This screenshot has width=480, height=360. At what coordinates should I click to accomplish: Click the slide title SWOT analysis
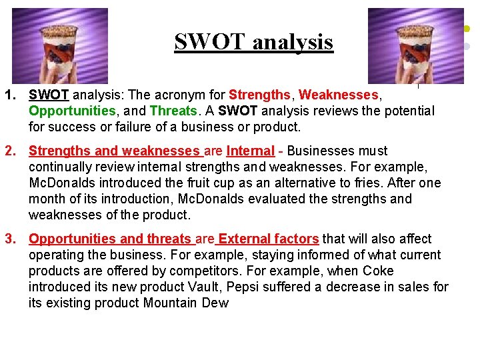(253, 42)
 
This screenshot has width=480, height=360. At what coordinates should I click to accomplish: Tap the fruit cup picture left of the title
(59, 46)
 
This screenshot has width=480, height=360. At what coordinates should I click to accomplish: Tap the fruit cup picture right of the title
(416, 46)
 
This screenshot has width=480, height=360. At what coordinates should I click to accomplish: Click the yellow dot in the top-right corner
(467, 29)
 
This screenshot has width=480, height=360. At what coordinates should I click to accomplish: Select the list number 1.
(10, 95)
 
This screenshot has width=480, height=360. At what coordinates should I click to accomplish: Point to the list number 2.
(10, 151)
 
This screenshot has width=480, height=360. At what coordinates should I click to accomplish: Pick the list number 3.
(10, 239)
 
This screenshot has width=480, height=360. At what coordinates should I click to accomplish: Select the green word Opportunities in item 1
(71, 111)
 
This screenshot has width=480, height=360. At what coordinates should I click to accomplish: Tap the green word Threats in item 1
(173, 111)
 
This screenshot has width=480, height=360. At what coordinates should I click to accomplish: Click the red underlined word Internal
(250, 151)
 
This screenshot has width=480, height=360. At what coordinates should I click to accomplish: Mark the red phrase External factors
(269, 239)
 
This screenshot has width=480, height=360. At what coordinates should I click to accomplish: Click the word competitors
(201, 271)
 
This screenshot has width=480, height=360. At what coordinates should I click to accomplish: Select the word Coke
(378, 271)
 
